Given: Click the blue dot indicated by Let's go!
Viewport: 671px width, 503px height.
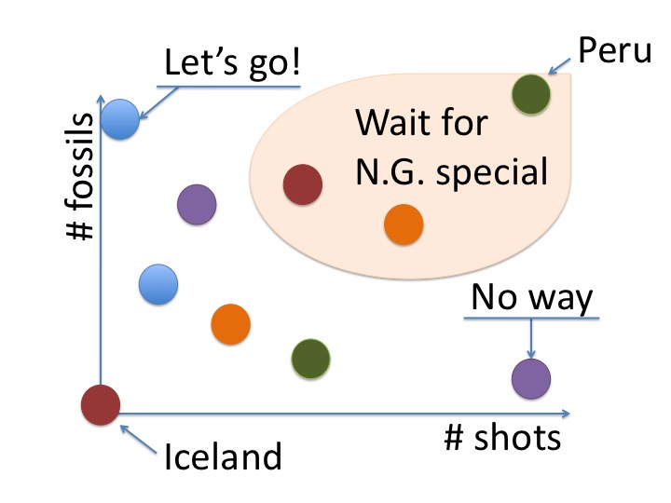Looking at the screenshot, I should pos(120,118).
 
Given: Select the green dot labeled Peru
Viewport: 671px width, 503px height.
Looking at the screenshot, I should pos(531,93).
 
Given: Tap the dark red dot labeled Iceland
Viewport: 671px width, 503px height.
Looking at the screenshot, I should pos(101,405).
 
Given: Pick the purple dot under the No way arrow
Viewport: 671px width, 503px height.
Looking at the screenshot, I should pos(531,378).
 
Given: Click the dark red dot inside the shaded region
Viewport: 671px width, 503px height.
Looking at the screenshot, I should pos(302,184).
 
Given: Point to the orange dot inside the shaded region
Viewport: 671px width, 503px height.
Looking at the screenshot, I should pos(404,224).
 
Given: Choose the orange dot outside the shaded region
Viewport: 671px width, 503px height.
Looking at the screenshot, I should pos(230,324).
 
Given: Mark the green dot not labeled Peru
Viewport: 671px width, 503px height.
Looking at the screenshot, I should pos(310,357).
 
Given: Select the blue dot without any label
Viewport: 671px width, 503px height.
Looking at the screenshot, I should pos(157,283).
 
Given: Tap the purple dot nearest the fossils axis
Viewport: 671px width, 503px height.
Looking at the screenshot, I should pos(197,202).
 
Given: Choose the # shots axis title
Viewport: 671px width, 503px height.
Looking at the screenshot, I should pos(502,437).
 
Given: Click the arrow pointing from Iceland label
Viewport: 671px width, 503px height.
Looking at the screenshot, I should pos(137,437).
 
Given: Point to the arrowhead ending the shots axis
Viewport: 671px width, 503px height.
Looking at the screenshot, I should pos(566,412).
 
